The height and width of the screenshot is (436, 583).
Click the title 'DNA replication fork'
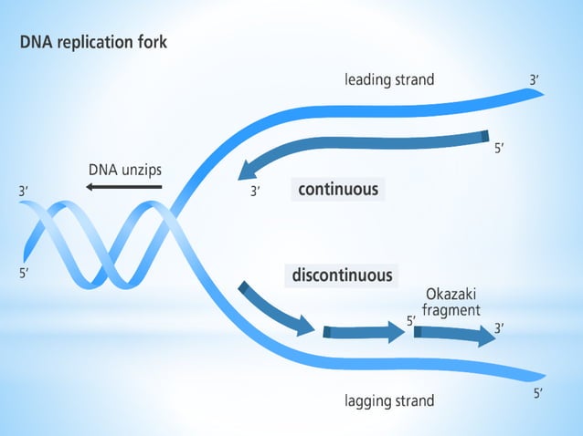tap(93, 43)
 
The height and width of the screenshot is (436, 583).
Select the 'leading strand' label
tap(389, 79)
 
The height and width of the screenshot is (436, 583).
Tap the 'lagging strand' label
tap(389, 400)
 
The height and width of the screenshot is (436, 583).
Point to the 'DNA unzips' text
tap(124, 169)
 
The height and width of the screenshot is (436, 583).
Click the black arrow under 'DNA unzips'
tap(124, 187)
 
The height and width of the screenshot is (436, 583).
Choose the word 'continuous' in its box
tap(337, 190)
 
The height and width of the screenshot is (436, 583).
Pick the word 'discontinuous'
tap(342, 275)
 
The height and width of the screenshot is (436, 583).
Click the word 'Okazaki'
tap(450, 295)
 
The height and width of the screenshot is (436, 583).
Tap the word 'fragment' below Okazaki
tap(450, 310)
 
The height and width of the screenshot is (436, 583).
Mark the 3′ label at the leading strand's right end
tap(535, 80)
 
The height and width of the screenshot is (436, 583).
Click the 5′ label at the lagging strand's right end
tap(538, 394)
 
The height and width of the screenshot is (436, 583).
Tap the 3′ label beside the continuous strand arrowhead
tap(256, 192)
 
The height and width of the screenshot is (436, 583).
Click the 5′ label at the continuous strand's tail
tap(500, 149)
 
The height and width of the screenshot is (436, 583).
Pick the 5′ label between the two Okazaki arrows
tap(411, 321)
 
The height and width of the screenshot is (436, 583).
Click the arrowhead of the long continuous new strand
tap(247, 169)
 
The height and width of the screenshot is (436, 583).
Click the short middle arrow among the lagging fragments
tap(364, 333)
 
